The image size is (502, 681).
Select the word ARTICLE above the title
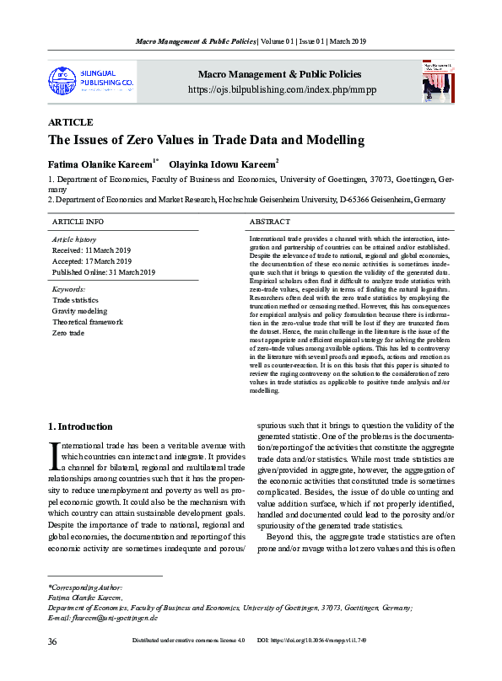click(x=70, y=123)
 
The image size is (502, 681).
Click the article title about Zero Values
click(x=206, y=140)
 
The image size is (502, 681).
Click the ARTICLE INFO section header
click(x=78, y=221)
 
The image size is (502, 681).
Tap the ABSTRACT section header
click(x=270, y=221)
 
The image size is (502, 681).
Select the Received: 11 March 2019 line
click(x=93, y=250)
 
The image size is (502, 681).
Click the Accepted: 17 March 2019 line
click(x=93, y=261)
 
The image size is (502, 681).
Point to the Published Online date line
click(x=104, y=272)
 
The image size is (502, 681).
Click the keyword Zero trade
click(x=68, y=333)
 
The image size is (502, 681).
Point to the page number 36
click(x=53, y=641)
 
